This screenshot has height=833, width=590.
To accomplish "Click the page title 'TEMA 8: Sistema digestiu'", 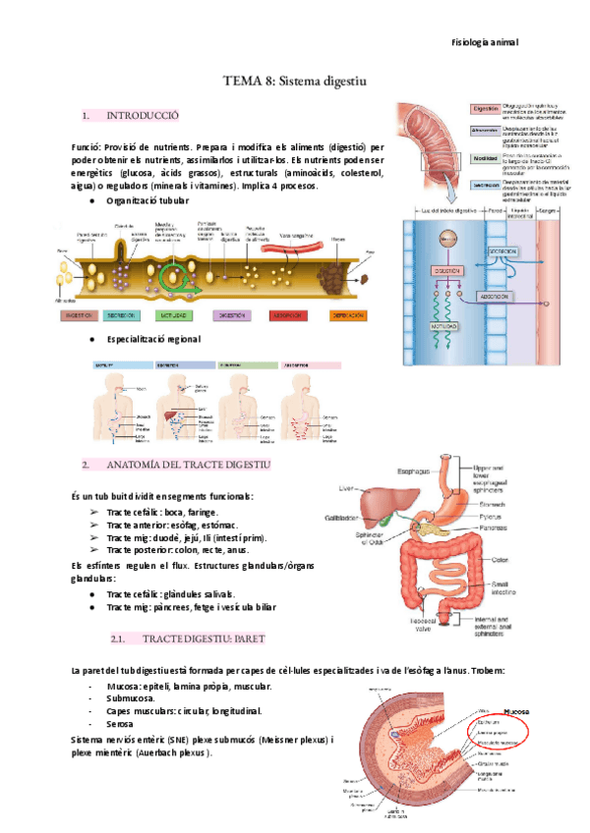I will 295,84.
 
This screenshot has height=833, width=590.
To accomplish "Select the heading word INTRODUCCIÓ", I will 143,116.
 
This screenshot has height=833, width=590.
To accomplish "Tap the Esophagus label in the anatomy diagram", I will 413,471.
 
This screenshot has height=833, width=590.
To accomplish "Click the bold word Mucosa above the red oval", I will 515,709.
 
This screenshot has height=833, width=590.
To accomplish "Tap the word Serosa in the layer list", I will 120,723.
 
